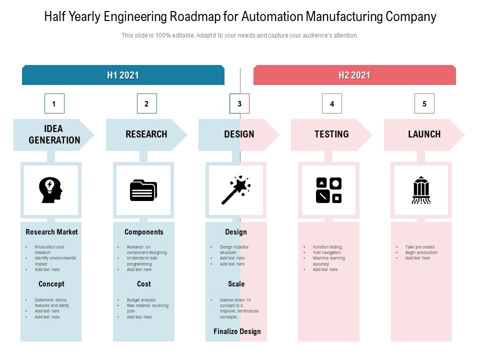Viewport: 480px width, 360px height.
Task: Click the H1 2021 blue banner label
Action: [123, 75]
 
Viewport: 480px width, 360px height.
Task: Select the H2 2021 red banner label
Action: [354, 75]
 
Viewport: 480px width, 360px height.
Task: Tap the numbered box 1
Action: [54, 104]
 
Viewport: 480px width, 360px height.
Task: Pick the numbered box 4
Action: [332, 104]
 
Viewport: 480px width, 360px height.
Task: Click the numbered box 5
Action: [424, 104]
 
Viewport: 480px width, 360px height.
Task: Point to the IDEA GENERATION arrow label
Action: [54, 134]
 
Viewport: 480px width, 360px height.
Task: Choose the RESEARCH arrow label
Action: [146, 134]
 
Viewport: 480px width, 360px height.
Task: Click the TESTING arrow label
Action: [331, 134]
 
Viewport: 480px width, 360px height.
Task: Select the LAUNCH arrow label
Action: [424, 134]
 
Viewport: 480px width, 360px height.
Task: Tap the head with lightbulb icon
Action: [51, 190]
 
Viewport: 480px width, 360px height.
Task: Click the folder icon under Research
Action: [143, 190]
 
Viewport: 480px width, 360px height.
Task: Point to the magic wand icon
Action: [236, 190]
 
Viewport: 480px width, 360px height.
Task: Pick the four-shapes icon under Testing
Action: [328, 190]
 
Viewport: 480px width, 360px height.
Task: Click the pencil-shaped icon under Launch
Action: [421, 190]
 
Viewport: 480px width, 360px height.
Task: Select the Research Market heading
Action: [51, 232]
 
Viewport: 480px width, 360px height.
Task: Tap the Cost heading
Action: [143, 284]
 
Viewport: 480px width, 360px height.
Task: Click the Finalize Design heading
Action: [237, 331]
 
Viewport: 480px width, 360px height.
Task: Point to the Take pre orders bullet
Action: [420, 247]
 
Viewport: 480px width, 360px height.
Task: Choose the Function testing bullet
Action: [327, 247]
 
